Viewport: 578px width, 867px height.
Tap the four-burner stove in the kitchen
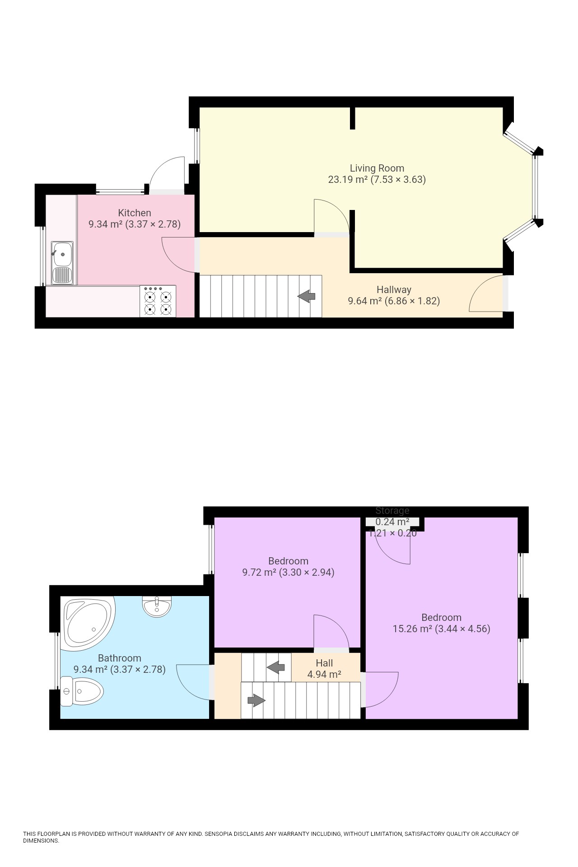(x=158, y=301)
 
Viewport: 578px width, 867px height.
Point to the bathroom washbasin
(x=157, y=606)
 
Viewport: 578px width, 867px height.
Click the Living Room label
(x=377, y=168)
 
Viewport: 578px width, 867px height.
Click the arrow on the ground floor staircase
(x=307, y=297)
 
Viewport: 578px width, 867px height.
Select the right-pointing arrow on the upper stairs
(x=256, y=700)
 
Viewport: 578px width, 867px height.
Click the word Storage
(x=392, y=511)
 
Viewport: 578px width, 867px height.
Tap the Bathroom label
(x=119, y=658)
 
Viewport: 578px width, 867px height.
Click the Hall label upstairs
(x=324, y=663)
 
